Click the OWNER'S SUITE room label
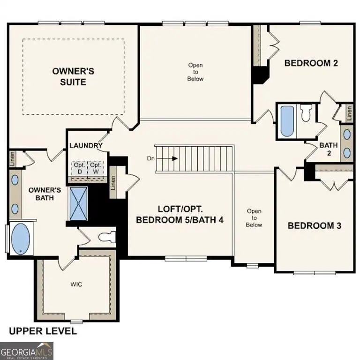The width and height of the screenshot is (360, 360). [x=73, y=76]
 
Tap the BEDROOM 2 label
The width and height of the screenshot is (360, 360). [x=311, y=63]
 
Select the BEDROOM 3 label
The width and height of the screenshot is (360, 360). [x=314, y=225]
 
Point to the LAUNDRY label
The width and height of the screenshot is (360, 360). [x=86, y=145]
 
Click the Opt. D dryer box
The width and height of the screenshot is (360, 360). [x=79, y=168]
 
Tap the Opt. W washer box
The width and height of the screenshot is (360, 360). [x=96, y=168]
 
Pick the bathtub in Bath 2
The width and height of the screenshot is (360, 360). [x=286, y=121]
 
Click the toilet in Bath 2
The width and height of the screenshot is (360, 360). [x=307, y=112]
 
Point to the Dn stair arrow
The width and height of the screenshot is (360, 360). [x=174, y=158]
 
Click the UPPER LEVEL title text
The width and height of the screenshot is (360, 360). [x=43, y=331]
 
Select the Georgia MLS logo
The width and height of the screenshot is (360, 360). [x=27, y=351]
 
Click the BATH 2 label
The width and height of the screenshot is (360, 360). [x=329, y=149]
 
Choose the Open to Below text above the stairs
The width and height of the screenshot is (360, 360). [x=195, y=72]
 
